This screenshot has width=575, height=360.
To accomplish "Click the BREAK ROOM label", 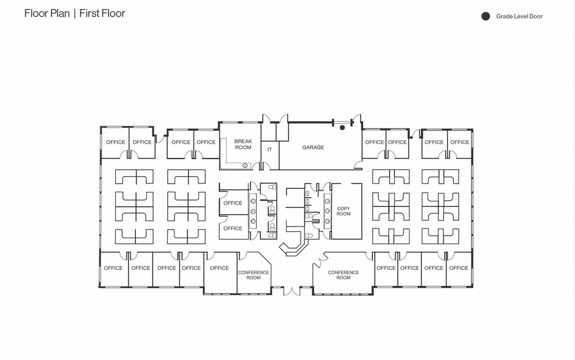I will [x=243, y=144].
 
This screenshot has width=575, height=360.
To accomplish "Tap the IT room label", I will [x=269, y=149].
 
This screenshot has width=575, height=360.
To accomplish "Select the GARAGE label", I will [x=313, y=148].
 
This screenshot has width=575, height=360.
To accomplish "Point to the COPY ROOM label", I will [x=344, y=211].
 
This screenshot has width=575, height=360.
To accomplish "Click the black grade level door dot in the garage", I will [x=342, y=128].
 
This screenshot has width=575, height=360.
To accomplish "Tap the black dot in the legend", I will [x=486, y=17].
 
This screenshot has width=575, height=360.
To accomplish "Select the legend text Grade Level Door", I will [x=519, y=17].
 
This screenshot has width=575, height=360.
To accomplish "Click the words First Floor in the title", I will [x=102, y=13].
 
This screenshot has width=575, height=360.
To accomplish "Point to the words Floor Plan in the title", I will [x=47, y=13].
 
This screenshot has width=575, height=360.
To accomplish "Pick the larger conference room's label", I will [x=344, y=275].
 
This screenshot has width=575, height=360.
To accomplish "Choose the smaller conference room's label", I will [x=254, y=275].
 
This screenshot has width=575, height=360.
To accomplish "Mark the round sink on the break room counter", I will [x=245, y=165].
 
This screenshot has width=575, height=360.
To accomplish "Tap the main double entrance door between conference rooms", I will [x=291, y=290].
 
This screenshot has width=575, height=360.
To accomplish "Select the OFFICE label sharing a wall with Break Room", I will [x=206, y=143].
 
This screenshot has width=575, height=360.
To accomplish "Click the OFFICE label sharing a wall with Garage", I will [x=374, y=143].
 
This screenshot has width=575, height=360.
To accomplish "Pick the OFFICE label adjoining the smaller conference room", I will [x=219, y=268].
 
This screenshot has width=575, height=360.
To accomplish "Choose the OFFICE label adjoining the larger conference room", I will [x=386, y=268].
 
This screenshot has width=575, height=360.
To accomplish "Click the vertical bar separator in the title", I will [x=74, y=13].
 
